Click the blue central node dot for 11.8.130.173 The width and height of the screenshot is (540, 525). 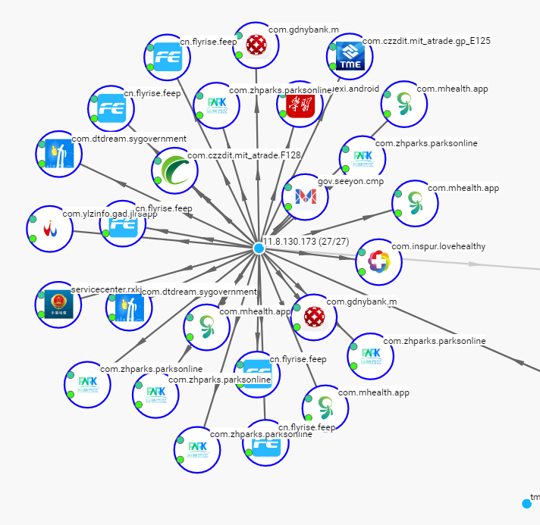point(259,248)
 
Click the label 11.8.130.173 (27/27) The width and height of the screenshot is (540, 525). point(306,241)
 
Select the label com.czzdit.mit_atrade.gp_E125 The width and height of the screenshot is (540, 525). point(426,41)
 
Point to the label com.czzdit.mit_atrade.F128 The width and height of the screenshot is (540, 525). point(244,155)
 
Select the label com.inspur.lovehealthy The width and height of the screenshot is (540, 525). point(438,246)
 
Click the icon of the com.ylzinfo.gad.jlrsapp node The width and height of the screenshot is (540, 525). point(49,227)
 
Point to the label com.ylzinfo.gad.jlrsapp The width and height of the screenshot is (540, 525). point(109,214)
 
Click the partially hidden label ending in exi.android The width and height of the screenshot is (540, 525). point(356,89)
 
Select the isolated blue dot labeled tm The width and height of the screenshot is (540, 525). point(526,503)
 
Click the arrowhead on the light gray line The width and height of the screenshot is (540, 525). point(473,264)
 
